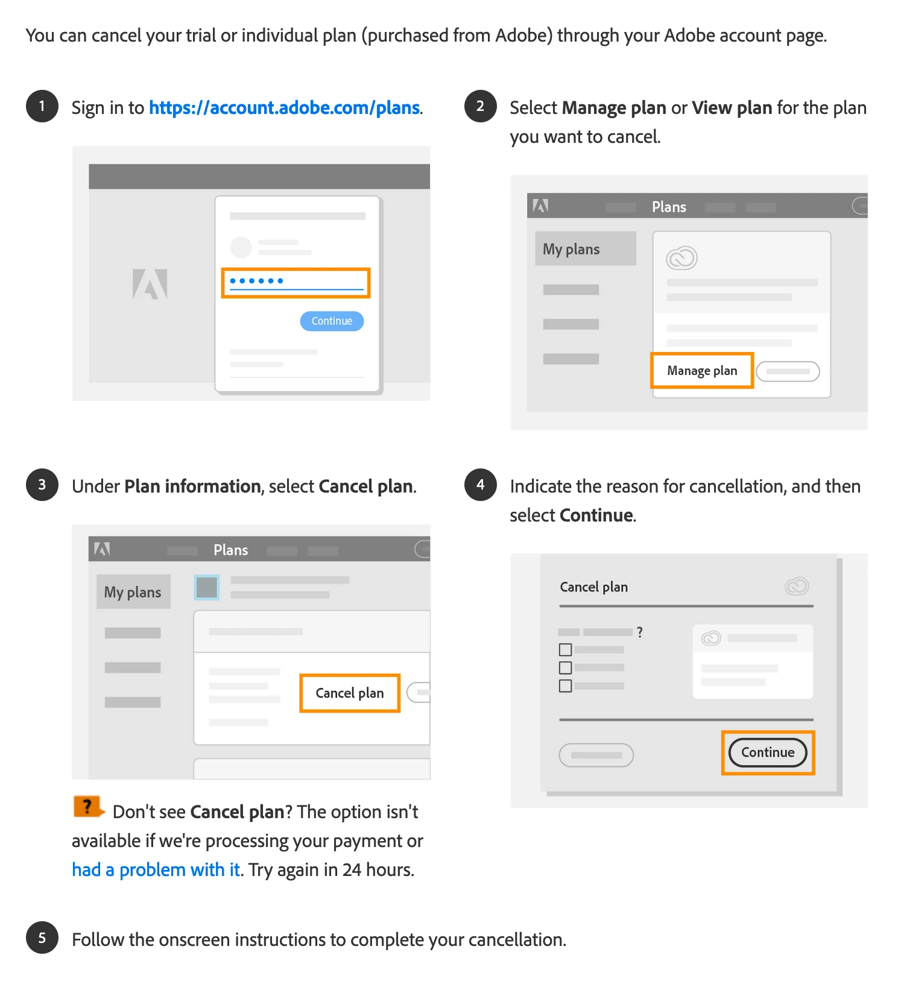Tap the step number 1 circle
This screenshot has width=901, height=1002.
(42, 106)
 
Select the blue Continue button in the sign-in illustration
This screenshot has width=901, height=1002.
(332, 321)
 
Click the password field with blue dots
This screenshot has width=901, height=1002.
(296, 283)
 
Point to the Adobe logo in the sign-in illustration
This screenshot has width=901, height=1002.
(150, 284)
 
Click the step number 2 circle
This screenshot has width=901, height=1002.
(481, 106)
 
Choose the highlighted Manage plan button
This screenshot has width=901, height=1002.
(702, 370)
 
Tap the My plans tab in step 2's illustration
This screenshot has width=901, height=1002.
(586, 248)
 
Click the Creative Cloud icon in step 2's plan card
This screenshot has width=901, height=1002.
(681, 258)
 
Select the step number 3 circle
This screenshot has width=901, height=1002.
(42, 485)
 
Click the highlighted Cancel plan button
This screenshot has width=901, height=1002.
(350, 693)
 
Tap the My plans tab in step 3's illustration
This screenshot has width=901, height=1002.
(133, 591)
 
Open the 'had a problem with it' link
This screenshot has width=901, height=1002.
(156, 870)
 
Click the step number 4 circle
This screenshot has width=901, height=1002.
(481, 485)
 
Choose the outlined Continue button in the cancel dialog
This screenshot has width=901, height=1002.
(768, 752)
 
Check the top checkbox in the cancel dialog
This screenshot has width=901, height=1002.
(565, 650)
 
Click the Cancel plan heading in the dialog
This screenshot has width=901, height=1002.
(594, 587)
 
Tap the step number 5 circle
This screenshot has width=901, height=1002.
(42, 937)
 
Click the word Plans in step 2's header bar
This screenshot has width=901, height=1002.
(669, 207)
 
